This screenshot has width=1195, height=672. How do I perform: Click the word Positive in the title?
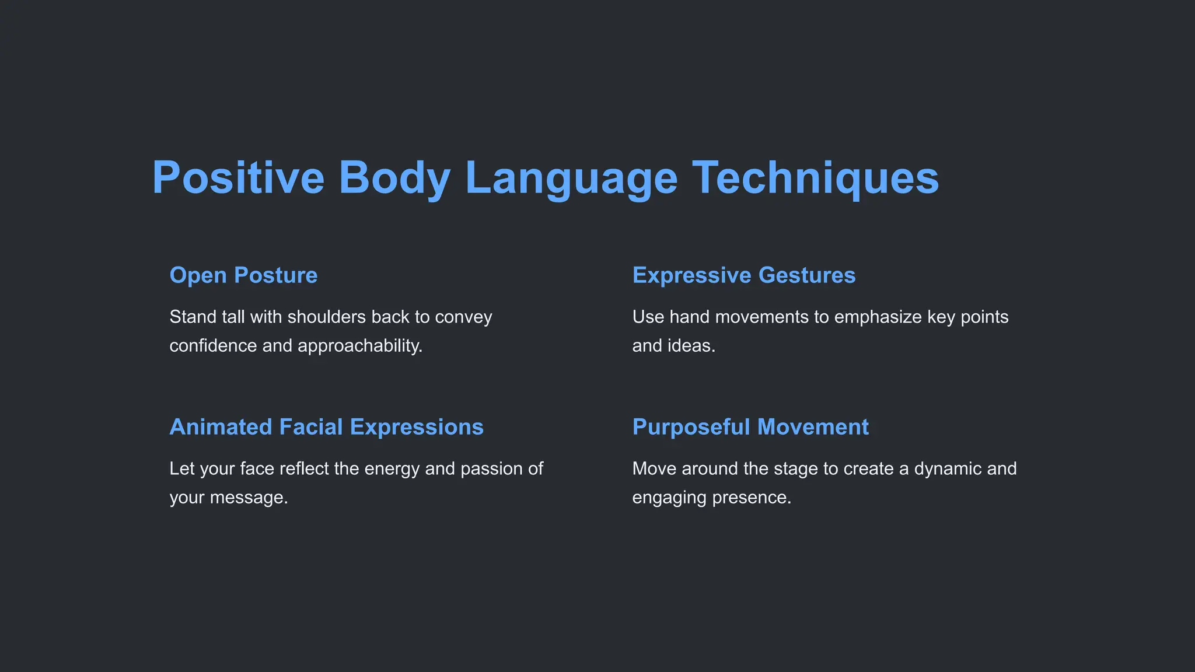point(238,177)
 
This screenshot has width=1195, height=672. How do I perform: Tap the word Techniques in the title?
point(815,177)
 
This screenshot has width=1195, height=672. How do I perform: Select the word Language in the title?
point(571,177)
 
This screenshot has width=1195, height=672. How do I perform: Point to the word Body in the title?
point(394,177)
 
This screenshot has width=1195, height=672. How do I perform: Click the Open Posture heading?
point(243,275)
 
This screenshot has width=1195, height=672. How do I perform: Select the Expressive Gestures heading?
point(744,275)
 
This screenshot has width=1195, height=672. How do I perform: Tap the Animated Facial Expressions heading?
point(326,427)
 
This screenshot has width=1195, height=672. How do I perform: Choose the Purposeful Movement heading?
point(750,427)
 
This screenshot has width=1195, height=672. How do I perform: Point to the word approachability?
point(360,346)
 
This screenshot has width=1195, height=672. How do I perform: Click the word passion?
point(487,468)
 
